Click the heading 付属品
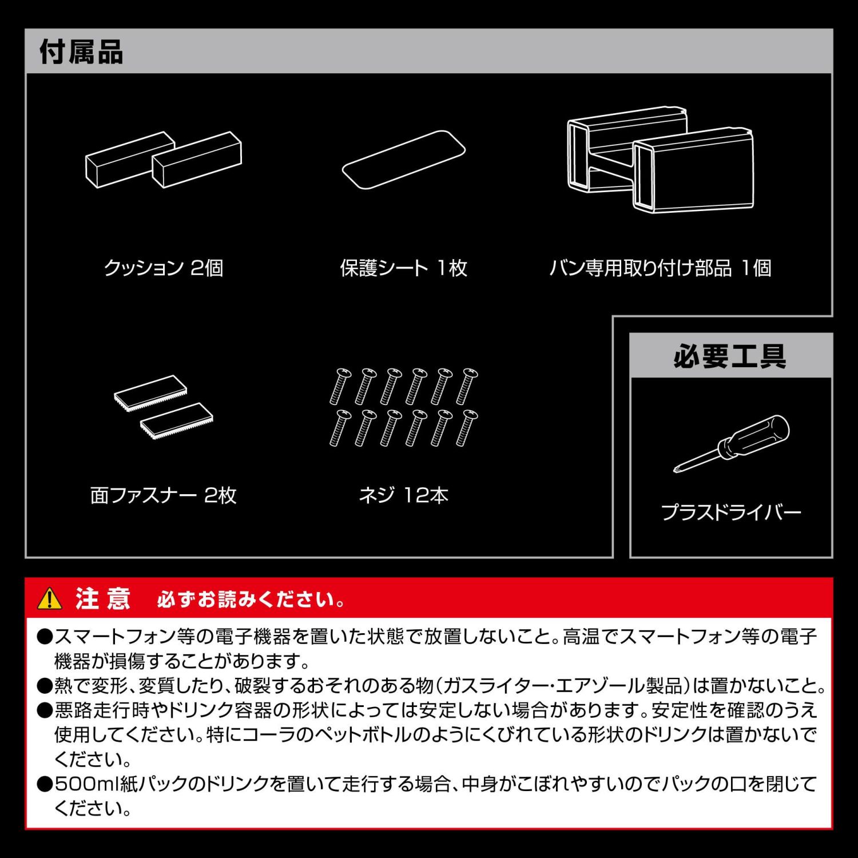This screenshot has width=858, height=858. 81,52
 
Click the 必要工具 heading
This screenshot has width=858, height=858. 730,356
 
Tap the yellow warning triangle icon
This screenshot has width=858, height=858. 50,598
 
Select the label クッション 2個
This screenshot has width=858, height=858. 164,268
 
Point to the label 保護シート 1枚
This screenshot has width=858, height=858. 404,268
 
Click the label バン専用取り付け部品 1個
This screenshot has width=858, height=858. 660,268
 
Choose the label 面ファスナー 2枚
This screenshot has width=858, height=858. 164,495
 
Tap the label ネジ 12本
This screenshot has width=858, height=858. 404,495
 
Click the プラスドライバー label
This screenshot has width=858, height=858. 730,512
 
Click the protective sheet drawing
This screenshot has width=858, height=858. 404,160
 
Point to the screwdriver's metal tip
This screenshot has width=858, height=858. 676,470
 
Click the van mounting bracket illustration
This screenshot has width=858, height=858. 661,159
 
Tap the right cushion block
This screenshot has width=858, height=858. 197,160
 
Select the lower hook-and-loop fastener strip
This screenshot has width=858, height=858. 177,420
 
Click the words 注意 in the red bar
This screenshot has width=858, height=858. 103,598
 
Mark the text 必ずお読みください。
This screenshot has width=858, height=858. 251,599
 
